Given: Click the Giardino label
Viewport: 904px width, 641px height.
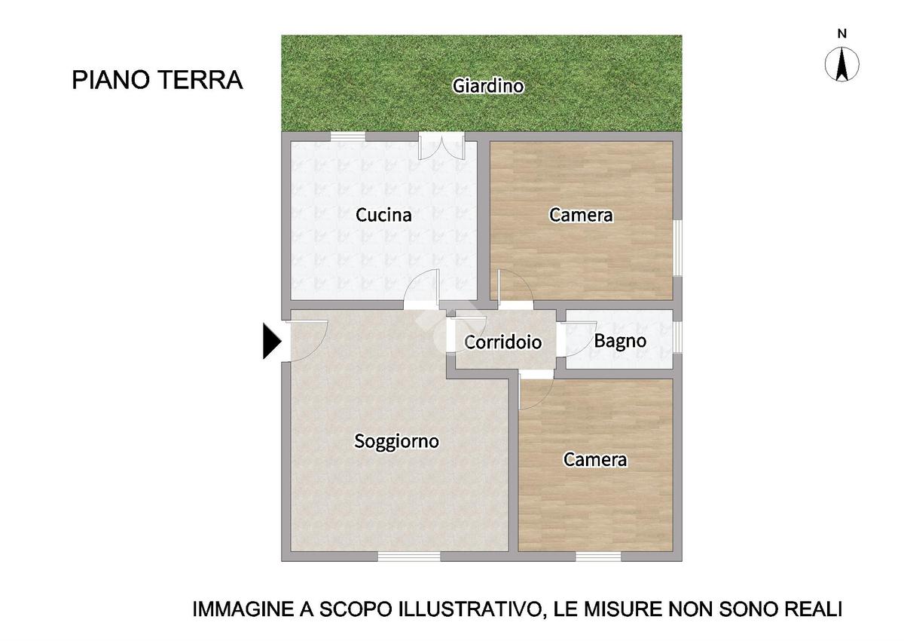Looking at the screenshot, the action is tap(487, 86).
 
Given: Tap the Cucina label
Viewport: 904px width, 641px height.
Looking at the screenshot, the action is tap(383, 215).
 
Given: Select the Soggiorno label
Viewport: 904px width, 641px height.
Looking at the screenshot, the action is tap(396, 441).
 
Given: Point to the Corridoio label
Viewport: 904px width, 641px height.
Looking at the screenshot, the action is tap(503, 342).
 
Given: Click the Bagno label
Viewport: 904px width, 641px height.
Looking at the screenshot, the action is tap(620, 342).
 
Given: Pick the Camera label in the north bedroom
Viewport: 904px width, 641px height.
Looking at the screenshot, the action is tap(581, 215).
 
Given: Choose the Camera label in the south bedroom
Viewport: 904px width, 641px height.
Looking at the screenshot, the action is tap(595, 460).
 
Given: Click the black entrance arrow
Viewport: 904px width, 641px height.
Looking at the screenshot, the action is tap(272, 341).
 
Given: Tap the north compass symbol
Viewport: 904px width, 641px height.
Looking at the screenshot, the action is tap(842, 65).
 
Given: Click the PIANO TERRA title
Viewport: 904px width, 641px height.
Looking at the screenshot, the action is tap(157, 80).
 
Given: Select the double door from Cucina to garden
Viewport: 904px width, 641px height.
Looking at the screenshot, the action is tap(442, 146).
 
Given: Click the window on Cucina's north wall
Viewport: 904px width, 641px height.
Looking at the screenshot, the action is tap(348, 136).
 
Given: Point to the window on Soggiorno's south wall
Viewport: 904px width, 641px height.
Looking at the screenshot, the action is tap(409, 557).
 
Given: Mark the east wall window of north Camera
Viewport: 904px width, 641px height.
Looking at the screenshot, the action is tap(677, 248).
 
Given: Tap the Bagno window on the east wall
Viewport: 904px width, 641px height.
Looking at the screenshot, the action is tap(677, 336).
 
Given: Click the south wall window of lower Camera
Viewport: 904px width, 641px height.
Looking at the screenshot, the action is tap(598, 557).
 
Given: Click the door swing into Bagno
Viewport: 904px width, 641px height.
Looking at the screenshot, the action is tap(576, 339).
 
